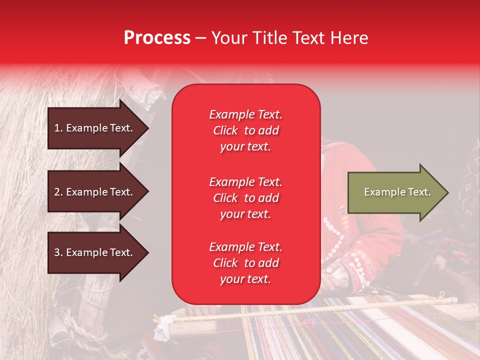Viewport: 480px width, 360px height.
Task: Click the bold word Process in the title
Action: (x=157, y=38)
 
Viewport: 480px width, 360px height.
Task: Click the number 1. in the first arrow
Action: (x=58, y=128)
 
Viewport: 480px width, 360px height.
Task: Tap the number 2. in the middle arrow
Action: (x=58, y=192)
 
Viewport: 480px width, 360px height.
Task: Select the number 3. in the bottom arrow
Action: (x=58, y=252)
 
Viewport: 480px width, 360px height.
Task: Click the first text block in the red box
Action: (x=245, y=130)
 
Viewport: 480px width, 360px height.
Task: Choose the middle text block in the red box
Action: (x=245, y=198)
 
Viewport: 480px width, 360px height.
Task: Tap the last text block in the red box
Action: (x=245, y=263)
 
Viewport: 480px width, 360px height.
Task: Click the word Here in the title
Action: (x=350, y=38)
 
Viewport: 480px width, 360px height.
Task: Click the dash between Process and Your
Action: (x=200, y=38)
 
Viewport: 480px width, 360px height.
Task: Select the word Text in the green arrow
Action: (x=420, y=192)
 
